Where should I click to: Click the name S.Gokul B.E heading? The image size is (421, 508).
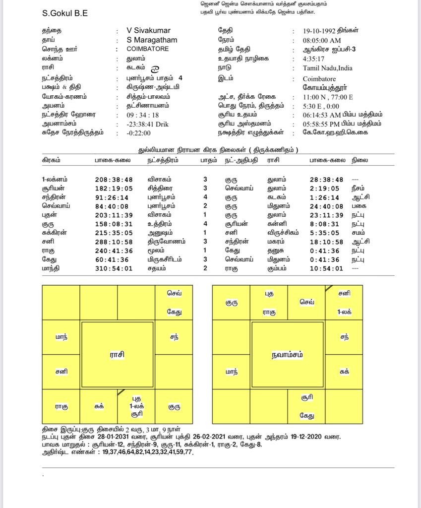point(65,14)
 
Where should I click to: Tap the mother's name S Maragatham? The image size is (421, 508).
point(152,40)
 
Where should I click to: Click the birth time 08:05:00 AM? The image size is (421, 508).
point(322,41)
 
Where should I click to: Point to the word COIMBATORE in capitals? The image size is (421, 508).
point(148,49)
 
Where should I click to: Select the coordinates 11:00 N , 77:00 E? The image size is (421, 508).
point(328,97)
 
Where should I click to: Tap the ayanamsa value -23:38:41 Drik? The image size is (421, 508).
point(148,124)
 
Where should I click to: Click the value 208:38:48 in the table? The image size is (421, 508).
point(114,180)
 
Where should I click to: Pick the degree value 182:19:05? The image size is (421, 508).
point(114,189)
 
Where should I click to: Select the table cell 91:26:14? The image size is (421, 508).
point(114,197)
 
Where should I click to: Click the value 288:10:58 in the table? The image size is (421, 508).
point(114,242)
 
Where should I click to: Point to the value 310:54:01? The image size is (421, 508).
point(114,269)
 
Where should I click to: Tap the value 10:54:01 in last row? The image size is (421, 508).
point(326,269)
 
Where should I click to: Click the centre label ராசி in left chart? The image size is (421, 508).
point(117,355)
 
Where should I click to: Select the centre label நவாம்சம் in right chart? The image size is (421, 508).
point(288,355)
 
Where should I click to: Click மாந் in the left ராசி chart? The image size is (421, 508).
point(61,337)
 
